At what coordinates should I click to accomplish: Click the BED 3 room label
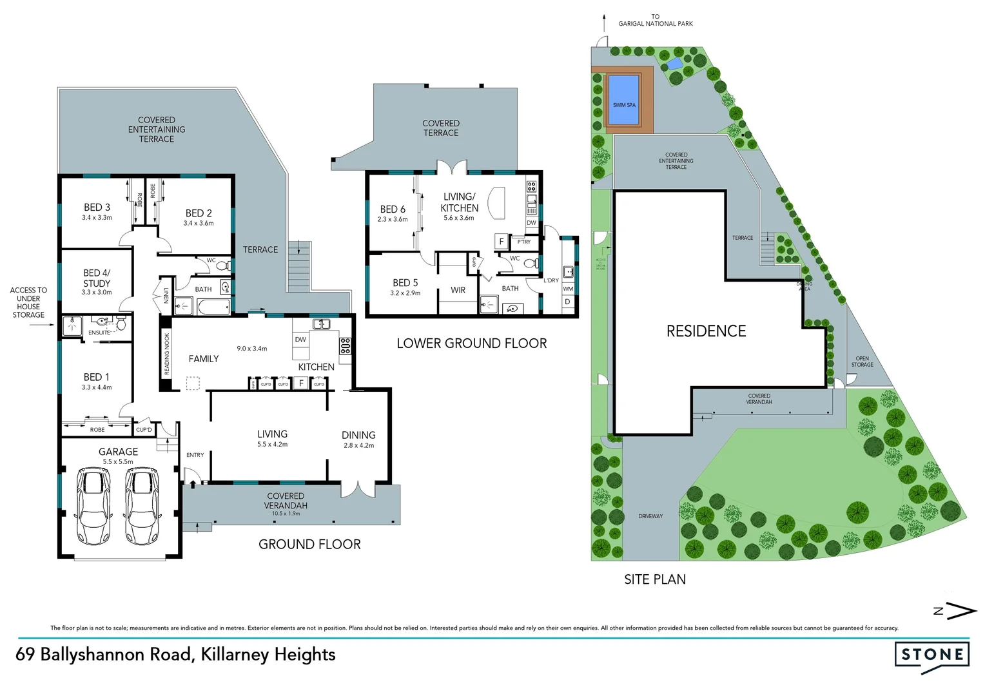coord(97,208)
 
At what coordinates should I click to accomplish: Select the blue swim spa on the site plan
coord(623,100)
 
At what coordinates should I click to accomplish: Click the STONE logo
coord(931,655)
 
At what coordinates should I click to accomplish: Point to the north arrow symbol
coord(956,611)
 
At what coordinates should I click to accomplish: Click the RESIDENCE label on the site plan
coord(706,331)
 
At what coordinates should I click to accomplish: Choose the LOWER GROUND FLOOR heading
coord(471,343)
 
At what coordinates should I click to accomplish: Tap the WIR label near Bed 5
coord(458,291)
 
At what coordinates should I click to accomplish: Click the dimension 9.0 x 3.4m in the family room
coord(251,349)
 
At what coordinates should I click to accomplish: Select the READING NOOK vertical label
coord(166,354)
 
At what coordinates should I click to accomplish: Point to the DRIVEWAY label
coord(650,516)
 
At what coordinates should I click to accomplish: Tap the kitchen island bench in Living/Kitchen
coord(497,204)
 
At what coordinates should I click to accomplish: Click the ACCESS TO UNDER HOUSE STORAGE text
coord(28,302)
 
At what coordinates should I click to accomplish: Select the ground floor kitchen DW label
coord(300,340)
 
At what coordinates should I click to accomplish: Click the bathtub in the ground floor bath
coord(213,307)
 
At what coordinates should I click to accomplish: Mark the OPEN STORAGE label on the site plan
coord(862,362)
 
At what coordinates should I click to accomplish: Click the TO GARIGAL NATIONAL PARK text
coord(655,21)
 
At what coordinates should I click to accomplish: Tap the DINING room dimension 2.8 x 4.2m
coord(358,445)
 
